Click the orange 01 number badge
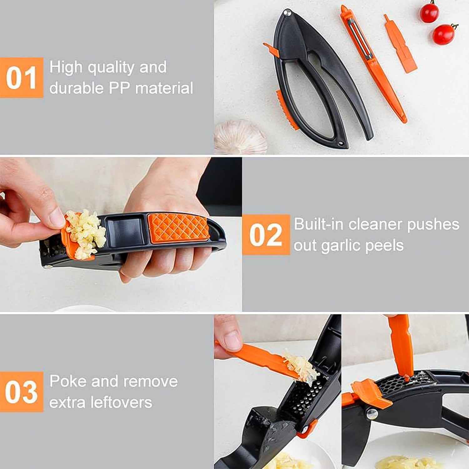(21, 78)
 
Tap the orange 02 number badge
(266, 234)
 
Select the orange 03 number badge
(21, 392)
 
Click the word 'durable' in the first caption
(76, 88)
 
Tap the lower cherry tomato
(444, 34)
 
